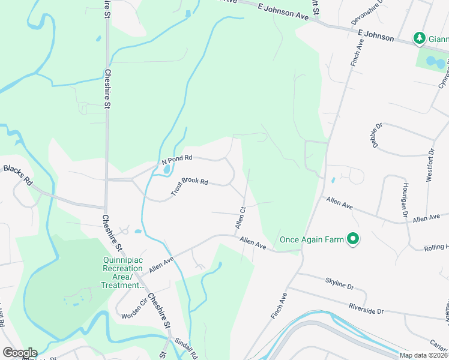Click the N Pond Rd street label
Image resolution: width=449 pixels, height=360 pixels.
pyautogui.click(x=176, y=158)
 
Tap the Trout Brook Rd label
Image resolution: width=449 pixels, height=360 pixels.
pyautogui.click(x=188, y=187)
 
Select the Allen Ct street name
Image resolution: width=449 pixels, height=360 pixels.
pyautogui.click(x=241, y=217)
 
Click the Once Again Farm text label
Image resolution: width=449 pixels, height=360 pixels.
pyautogui.click(x=311, y=240)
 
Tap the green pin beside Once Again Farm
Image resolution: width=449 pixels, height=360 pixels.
pyautogui.click(x=354, y=240)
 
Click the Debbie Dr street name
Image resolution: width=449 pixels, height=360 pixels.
pyautogui.click(x=376, y=136)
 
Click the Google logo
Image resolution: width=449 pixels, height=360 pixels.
pyautogui.click(x=19, y=353)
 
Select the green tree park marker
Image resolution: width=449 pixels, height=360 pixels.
pyautogui.click(x=420, y=38)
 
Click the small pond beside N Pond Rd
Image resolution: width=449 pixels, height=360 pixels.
pyautogui.click(x=165, y=171)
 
